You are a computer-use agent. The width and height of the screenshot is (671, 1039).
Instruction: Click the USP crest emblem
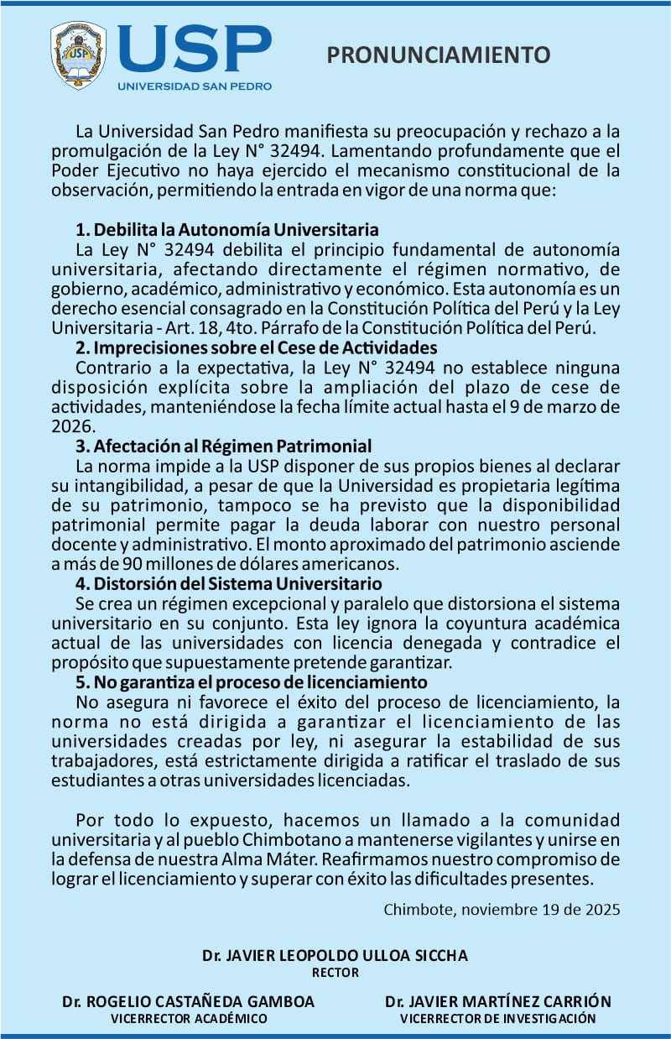(x=78, y=55)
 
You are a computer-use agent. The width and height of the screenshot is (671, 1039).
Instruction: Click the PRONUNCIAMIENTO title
(x=438, y=55)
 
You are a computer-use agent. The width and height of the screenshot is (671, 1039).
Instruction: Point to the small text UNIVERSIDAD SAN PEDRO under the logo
(x=195, y=86)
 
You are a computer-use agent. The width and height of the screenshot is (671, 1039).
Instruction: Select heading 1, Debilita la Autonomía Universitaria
(x=226, y=230)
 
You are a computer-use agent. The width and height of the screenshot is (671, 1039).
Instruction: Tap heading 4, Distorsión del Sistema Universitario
(x=228, y=583)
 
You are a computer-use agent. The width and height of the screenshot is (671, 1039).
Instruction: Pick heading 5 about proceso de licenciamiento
(x=252, y=681)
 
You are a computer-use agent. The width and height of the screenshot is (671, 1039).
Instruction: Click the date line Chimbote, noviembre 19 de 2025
(x=502, y=910)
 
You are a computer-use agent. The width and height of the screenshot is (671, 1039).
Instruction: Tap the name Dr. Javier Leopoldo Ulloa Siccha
(x=335, y=956)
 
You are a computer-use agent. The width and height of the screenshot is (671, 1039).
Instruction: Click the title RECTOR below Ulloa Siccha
(x=335, y=974)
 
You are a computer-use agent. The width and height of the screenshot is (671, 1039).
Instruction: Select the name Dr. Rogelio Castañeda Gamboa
(x=189, y=1001)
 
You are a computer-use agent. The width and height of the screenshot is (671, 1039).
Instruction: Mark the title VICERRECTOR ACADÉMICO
(x=189, y=1019)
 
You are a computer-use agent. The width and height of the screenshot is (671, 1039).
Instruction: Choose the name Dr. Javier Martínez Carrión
(x=498, y=1001)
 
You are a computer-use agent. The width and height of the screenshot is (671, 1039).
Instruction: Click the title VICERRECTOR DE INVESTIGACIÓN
(x=498, y=1019)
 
